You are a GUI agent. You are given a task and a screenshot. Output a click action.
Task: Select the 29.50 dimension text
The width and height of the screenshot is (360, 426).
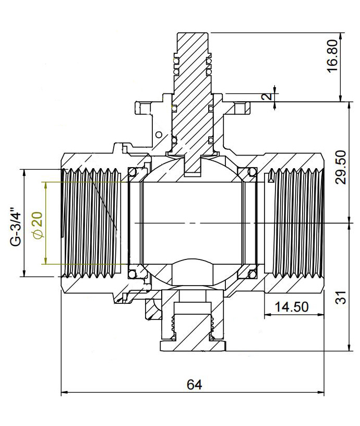pos(341,167)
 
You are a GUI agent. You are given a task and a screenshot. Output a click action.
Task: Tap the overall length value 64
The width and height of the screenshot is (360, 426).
pos(194,385)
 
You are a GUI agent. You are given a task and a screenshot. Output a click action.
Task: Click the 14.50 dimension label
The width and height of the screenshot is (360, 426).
pos(292,307)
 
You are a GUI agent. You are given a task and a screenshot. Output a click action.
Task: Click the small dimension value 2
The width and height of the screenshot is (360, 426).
pos(267,98)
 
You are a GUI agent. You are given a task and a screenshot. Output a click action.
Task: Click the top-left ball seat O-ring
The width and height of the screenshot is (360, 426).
pos(133,172)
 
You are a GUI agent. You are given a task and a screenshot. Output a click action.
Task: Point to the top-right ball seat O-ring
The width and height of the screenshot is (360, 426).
pos(253,172)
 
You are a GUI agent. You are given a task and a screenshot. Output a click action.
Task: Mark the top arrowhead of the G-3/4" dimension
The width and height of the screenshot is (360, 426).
pos(23,172)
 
